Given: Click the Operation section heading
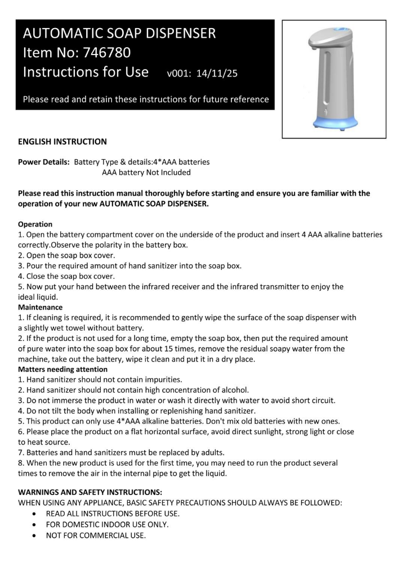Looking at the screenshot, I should pyautogui.click(x=35, y=224).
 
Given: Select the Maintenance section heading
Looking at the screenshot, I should pyautogui.click(x=41, y=307).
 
